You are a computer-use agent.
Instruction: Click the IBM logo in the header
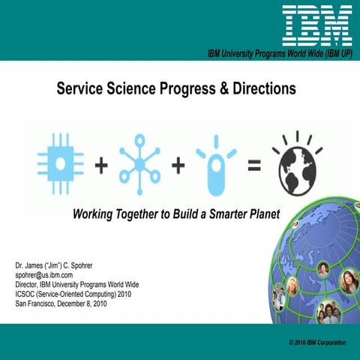click(x=317, y=24)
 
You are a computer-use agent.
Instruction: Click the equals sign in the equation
click(x=254, y=166)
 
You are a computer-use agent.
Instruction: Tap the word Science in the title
click(x=139, y=88)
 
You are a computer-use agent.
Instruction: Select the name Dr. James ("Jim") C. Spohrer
click(x=62, y=266)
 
